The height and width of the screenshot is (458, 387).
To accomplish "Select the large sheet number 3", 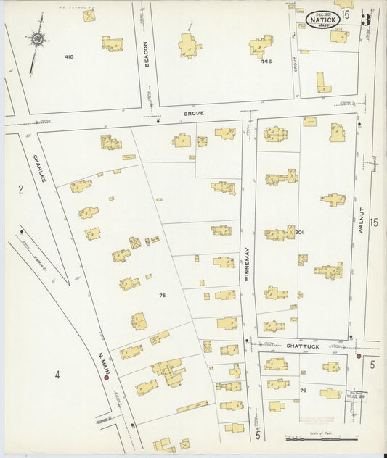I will pos(367,20).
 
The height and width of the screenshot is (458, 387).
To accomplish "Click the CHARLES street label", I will pos(36,168).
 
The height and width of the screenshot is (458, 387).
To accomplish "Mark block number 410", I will pos(69,57).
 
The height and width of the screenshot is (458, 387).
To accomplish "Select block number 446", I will pos(266,62).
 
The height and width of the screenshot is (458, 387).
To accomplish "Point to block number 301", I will pos(298,233).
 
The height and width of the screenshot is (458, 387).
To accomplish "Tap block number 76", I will pos(304,391).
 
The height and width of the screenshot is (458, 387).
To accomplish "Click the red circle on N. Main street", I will pos(106,377).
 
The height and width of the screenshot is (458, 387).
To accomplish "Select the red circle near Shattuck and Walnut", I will pos(359,356).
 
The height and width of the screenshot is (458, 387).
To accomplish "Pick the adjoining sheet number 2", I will pos(21,190).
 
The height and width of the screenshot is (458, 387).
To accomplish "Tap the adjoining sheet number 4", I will pos(56,374).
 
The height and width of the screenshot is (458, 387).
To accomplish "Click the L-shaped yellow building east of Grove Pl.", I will pos(322,82).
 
